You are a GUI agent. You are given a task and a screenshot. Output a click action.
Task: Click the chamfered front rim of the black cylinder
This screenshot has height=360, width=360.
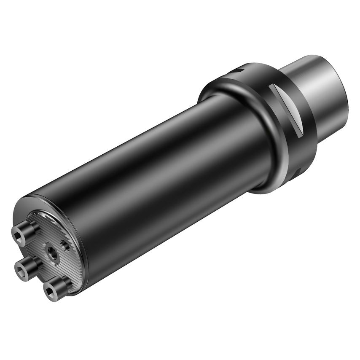click(80, 236)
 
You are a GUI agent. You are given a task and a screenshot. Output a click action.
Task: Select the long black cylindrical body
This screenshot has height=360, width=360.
click(160, 169)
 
